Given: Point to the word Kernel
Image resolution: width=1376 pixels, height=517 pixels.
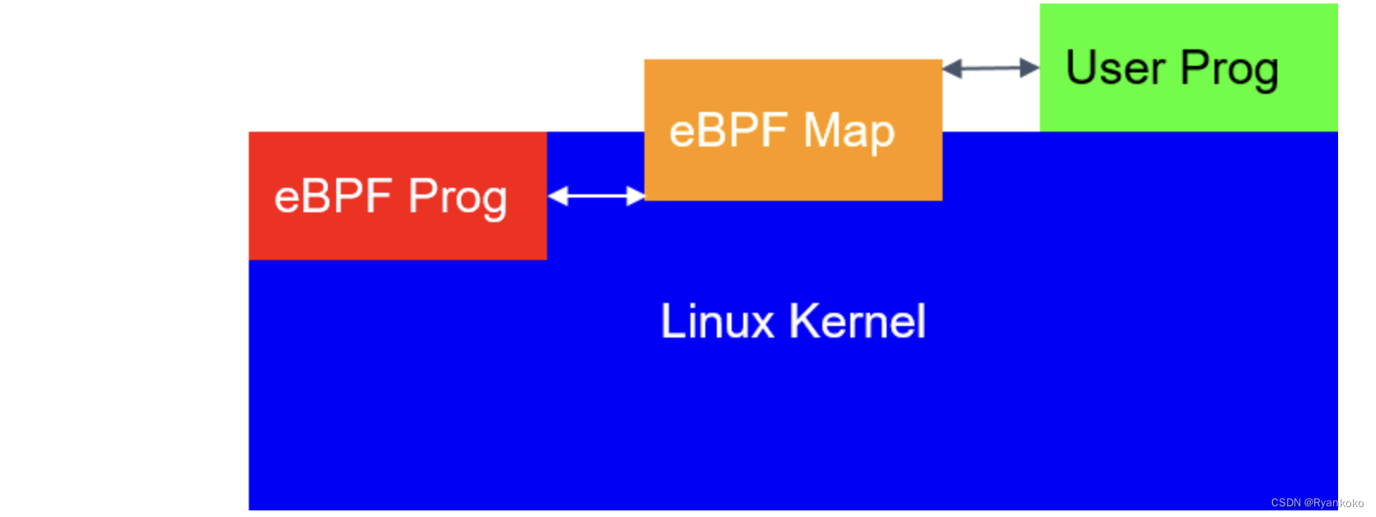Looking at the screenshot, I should coord(858,321).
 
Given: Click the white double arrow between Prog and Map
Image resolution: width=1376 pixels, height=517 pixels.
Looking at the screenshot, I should coord(596,196).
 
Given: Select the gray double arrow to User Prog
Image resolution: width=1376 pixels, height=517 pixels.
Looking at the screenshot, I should coord(990,68).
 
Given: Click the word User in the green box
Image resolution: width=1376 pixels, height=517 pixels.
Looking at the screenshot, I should coord(1115,68).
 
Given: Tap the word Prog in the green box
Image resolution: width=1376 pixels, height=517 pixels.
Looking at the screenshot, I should coord(1229,69).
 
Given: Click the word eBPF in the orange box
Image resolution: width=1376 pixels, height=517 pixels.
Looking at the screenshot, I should coord(729,131).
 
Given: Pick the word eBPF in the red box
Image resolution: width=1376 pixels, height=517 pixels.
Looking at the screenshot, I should coord(333,197).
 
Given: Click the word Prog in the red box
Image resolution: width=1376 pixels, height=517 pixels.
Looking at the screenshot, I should coord(457,198).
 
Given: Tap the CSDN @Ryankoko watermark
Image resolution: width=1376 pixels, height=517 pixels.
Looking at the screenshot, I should coord(1317,503).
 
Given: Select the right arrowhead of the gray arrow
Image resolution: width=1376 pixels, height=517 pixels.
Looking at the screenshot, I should coord(1030,68).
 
